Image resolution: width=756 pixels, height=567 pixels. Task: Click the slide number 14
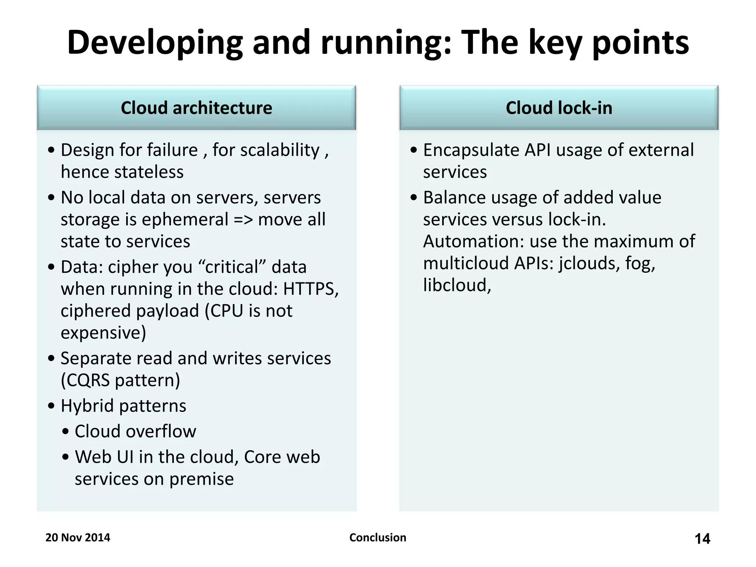tap(702, 539)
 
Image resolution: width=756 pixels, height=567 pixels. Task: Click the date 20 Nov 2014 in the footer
tap(78, 537)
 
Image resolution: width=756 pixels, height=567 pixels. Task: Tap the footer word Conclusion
tap(378, 537)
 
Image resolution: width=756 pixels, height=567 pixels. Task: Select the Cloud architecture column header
tap(196, 108)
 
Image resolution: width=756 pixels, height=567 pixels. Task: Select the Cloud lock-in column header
tap(559, 108)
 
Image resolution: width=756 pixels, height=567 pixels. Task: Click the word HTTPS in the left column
tap(310, 289)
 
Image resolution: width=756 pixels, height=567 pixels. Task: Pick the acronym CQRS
tap(86, 380)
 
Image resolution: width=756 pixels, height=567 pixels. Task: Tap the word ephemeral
tap(185, 220)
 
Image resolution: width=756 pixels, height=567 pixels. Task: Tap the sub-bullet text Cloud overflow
tap(135, 431)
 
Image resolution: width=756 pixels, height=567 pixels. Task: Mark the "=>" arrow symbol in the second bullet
tap(243, 220)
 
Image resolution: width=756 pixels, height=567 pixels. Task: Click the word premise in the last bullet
tap(202, 479)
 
